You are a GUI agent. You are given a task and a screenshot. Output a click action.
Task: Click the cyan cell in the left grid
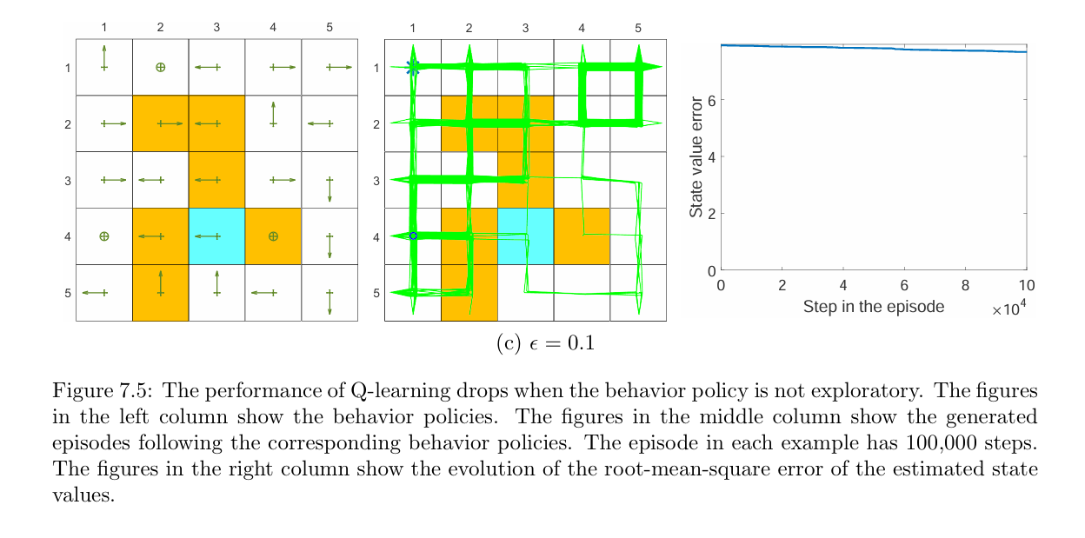(x=216, y=236)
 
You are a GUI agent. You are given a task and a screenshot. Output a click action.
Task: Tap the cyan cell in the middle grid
(x=525, y=236)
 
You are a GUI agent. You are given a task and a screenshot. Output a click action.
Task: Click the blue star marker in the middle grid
(x=413, y=67)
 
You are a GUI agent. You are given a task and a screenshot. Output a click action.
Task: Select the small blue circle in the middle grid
(x=413, y=236)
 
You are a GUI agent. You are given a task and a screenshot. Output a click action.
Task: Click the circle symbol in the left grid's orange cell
(x=273, y=236)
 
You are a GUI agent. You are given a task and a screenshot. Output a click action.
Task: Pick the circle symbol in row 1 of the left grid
(x=160, y=67)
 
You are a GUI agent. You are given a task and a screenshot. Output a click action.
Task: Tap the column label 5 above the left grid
(x=329, y=28)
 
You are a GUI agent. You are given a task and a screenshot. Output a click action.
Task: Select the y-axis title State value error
(x=696, y=156)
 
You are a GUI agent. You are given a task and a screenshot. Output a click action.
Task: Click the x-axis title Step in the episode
(x=873, y=307)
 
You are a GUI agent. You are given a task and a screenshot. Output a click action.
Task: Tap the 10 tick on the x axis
(x=1026, y=285)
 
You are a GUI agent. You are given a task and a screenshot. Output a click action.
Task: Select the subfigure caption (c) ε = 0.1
(x=545, y=344)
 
